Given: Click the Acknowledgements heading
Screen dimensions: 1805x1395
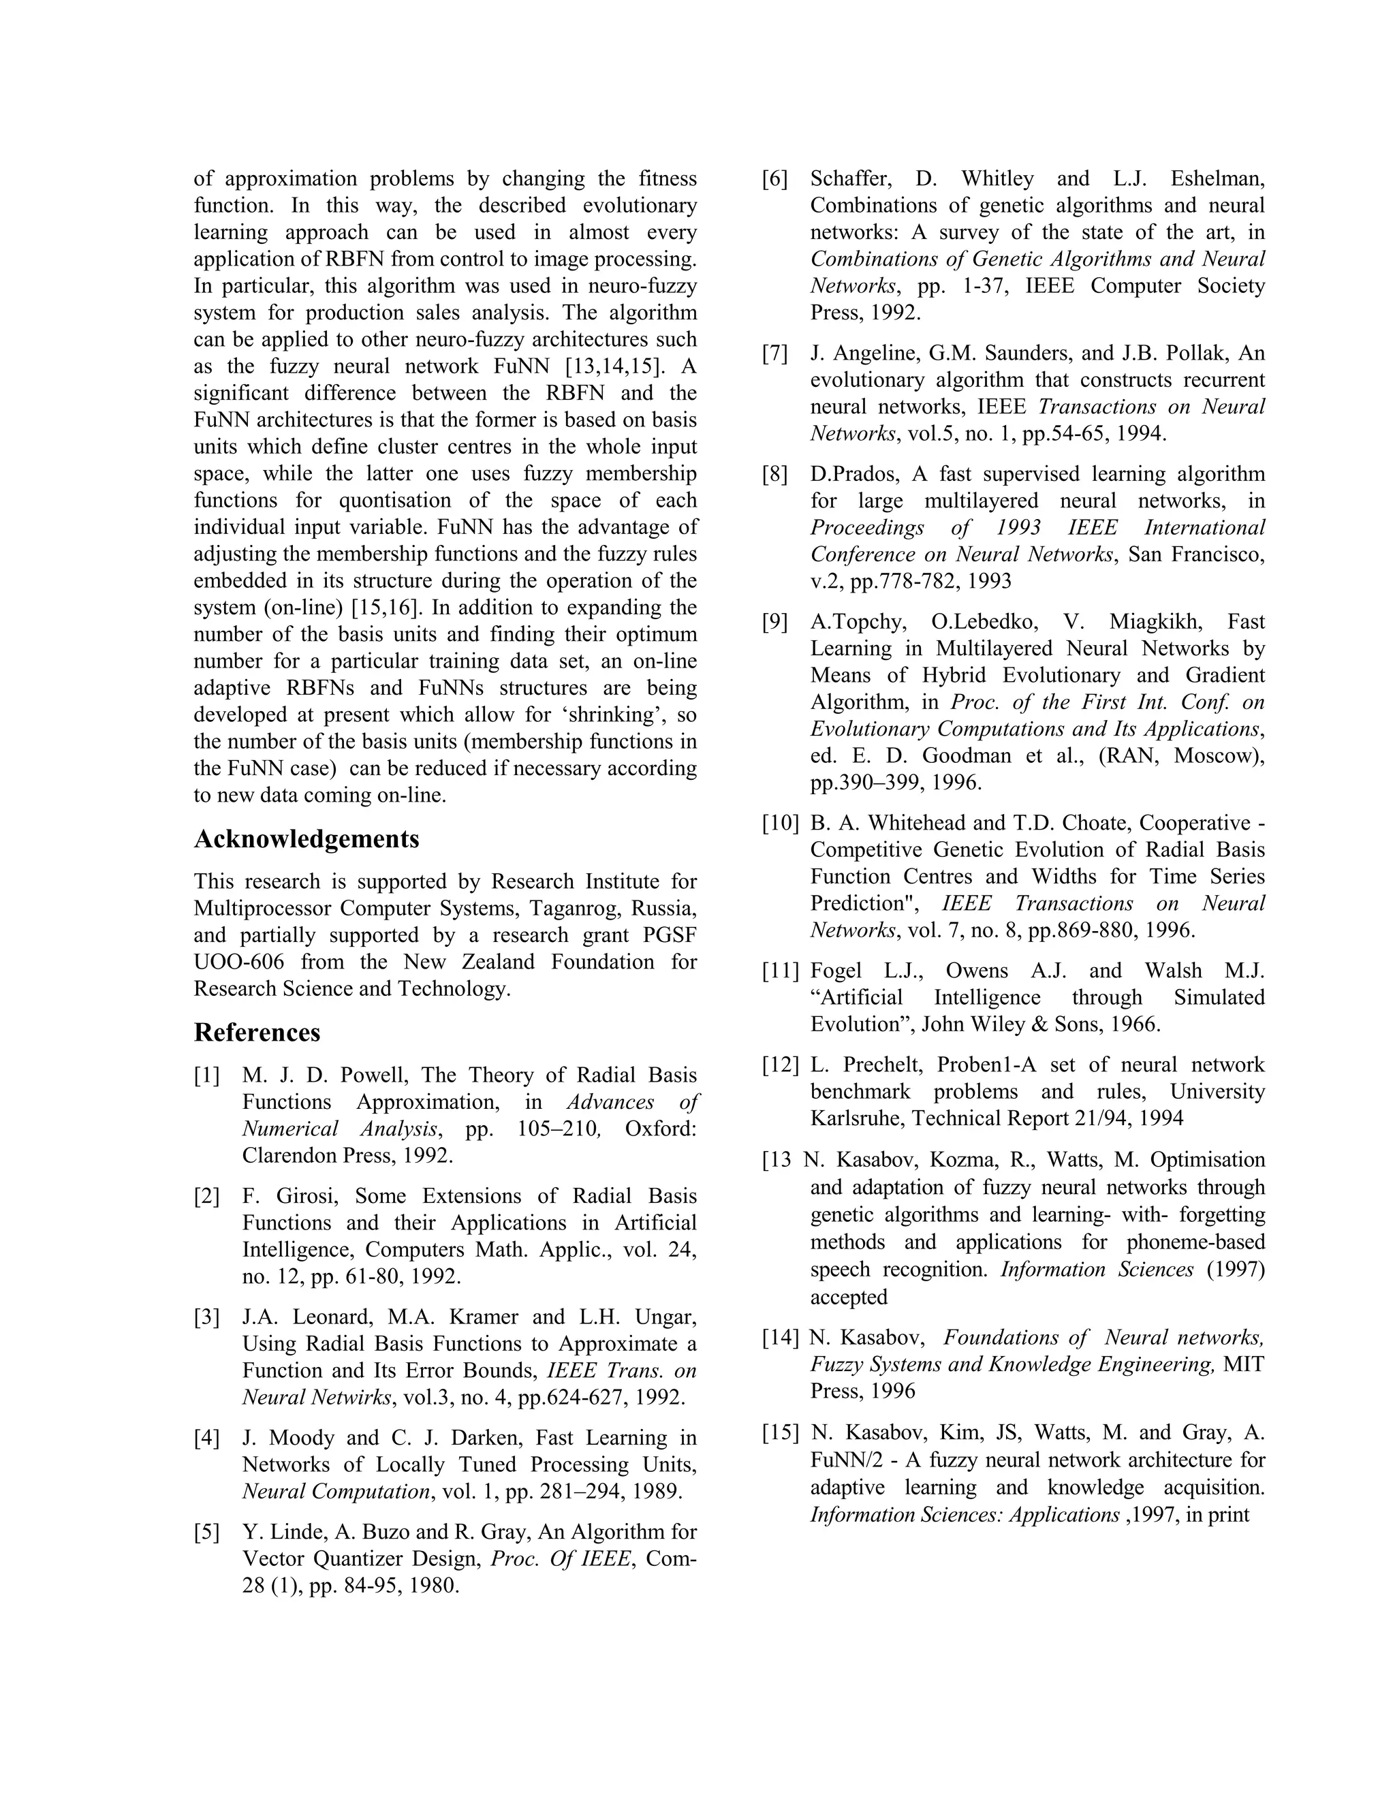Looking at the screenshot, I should (307, 839).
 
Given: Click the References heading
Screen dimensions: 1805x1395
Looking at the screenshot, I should (257, 1032).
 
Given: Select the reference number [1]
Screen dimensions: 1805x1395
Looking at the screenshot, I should (206, 1076).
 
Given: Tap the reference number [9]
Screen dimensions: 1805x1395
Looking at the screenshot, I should (775, 621).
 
